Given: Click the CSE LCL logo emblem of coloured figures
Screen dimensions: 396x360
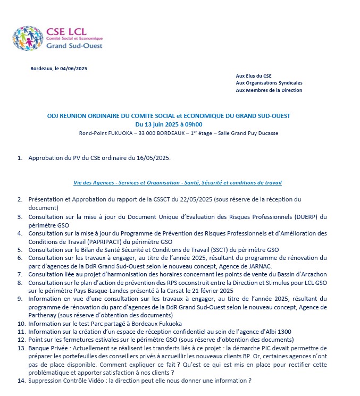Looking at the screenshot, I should pos(29,38).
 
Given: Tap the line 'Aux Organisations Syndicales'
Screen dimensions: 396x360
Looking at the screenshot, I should pos(269,83).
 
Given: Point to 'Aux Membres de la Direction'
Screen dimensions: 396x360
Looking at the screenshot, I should pos(269,90).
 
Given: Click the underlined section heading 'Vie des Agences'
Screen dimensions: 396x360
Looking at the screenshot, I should pos(92,183).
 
